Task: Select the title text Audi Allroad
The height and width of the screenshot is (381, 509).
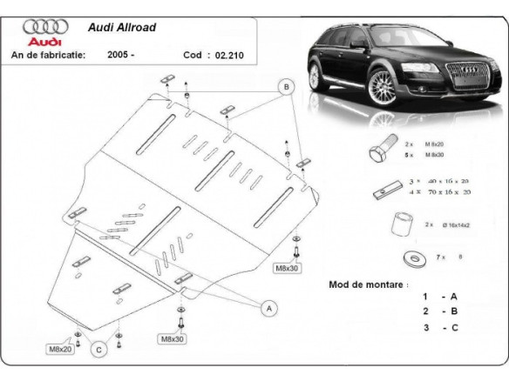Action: coord(123,27)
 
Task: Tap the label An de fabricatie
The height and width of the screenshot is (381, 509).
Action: coord(47,54)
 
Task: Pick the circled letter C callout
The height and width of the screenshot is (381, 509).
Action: coord(99,349)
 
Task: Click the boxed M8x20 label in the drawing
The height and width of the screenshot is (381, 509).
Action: coord(59,349)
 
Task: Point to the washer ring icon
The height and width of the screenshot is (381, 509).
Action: coord(411,258)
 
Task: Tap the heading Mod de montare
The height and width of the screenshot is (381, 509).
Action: coord(367,284)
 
